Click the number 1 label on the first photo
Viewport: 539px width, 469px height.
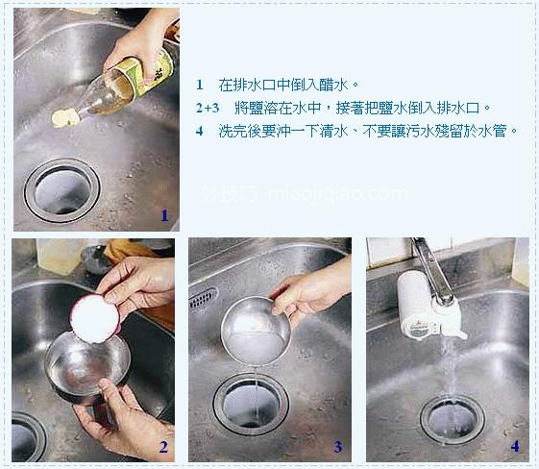164,216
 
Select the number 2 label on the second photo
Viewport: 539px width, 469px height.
163,447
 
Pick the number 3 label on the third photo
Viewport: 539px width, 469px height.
337,447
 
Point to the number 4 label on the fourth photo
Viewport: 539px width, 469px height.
515,447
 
